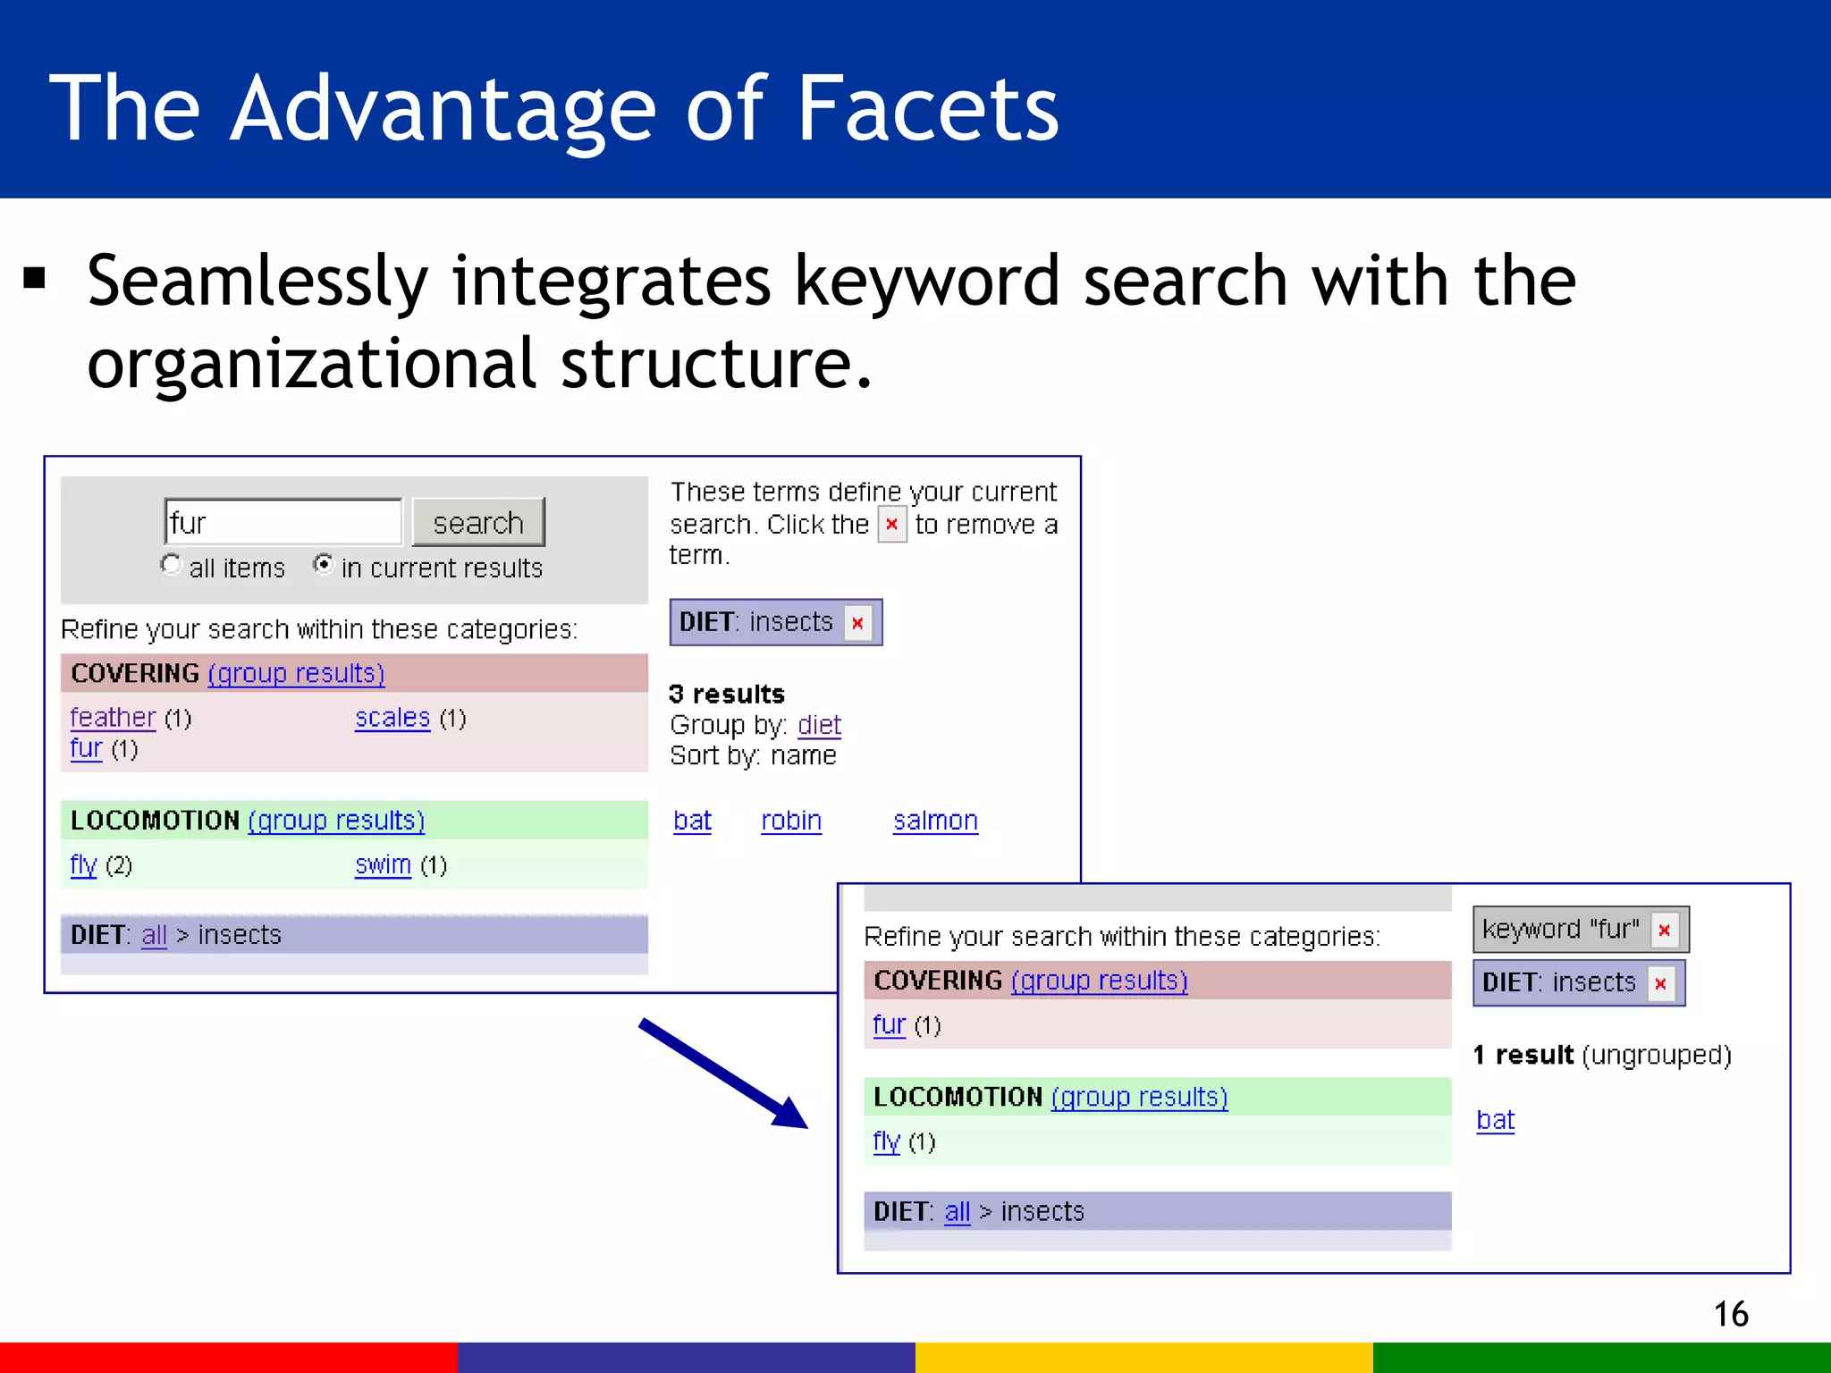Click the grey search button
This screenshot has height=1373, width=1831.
(x=478, y=522)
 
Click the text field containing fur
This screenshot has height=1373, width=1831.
(x=283, y=522)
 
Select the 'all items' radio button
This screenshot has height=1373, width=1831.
(x=170, y=565)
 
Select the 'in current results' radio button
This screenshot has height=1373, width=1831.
(x=324, y=565)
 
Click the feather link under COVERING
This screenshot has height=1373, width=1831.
(x=113, y=717)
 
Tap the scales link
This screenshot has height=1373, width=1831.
(x=392, y=717)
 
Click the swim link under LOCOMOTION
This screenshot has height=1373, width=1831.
(x=383, y=864)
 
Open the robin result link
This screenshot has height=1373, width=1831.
(x=791, y=820)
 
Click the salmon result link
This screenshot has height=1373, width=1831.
(x=935, y=820)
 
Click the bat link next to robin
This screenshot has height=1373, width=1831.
(x=692, y=820)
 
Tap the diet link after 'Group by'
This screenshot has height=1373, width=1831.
(x=819, y=724)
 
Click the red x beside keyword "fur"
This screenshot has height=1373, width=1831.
(x=1664, y=930)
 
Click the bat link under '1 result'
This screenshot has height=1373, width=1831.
(x=1495, y=1119)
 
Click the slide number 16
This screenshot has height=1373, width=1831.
(x=1731, y=1314)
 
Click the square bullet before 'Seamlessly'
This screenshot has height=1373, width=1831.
(x=35, y=279)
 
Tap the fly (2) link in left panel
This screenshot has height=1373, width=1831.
(x=83, y=864)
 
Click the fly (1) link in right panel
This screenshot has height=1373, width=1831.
(x=886, y=1141)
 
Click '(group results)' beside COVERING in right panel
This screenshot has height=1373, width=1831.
(x=1099, y=981)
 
